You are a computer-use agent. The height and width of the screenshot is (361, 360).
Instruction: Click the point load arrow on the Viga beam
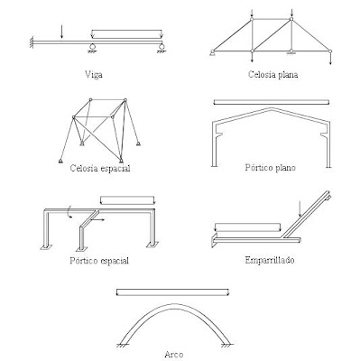tap(61, 32)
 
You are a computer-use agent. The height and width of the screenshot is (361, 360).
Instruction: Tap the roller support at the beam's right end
tap(160, 45)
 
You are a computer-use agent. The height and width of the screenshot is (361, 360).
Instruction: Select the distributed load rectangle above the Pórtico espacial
tap(127, 199)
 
